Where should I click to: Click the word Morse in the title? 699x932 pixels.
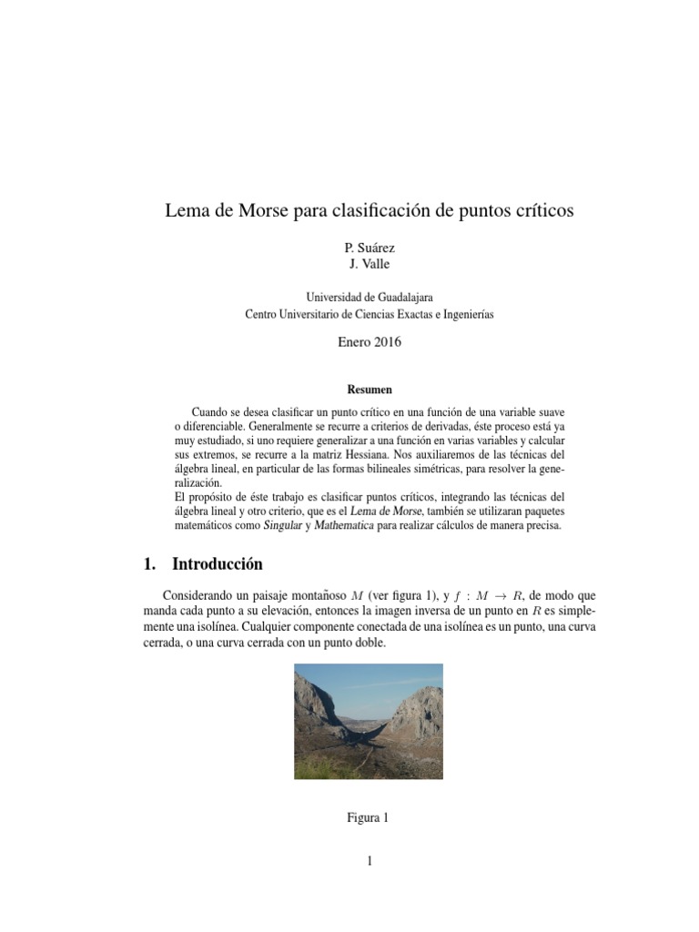coord(266,211)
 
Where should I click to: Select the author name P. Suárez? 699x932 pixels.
coord(369,248)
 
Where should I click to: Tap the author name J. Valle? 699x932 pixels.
coord(369,264)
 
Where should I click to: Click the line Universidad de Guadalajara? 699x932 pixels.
coord(369,297)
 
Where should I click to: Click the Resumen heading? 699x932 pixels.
coord(369,390)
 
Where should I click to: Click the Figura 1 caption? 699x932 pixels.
coord(369,817)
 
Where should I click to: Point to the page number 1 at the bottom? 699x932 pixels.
coord(370,861)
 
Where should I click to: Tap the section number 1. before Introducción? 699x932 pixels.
coord(150,564)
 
